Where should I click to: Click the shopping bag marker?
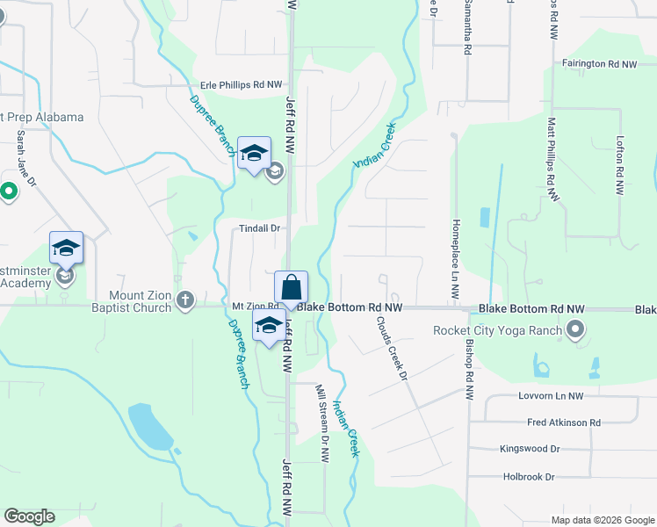coord(291,287)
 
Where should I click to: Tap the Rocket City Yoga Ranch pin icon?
coord(575,330)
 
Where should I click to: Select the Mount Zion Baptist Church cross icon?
coord(184,300)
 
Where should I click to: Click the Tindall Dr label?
coord(259,228)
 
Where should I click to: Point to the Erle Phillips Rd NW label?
coord(242,84)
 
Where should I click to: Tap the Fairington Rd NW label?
coord(598,64)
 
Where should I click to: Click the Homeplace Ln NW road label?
coord(456,261)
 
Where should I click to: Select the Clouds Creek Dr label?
coord(392,349)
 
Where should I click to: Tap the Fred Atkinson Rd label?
coord(563,422)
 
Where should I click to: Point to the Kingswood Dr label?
coord(529,449)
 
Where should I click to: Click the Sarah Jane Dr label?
coord(26,159)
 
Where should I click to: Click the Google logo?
coord(30,516)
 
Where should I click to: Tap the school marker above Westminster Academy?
coord(66,249)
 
